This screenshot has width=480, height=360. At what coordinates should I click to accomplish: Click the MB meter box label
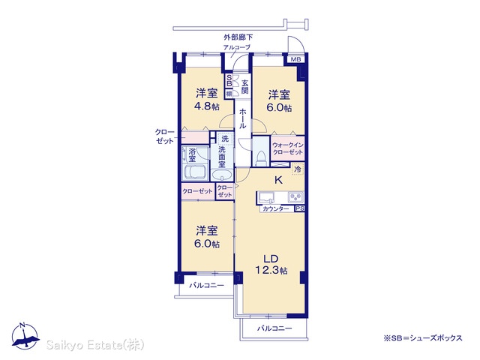(295, 59)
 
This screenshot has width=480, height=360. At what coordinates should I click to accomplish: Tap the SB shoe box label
(229, 82)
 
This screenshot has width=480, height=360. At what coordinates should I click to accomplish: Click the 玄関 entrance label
(244, 87)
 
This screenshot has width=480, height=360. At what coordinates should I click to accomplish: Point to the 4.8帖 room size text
(207, 106)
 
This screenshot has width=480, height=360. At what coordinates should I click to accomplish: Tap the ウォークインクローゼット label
(288, 148)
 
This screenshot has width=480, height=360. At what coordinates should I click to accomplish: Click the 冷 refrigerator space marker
(298, 169)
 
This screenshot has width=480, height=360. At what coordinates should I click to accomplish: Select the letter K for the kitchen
(278, 180)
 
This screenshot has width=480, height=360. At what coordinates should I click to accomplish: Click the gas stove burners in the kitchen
(295, 196)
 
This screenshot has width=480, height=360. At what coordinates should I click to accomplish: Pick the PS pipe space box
(300, 208)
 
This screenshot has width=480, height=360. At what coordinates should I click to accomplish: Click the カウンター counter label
(276, 209)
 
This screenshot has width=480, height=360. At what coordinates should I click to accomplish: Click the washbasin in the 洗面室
(222, 176)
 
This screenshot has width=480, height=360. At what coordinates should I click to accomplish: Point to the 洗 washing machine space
(225, 139)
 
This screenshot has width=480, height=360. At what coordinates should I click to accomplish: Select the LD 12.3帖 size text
(271, 265)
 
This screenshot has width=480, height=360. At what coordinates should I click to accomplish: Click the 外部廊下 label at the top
(238, 37)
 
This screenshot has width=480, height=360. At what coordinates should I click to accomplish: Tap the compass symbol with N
(25, 335)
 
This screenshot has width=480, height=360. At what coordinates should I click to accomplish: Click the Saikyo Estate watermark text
(95, 345)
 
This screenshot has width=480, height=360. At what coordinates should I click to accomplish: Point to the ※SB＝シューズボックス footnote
(423, 338)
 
